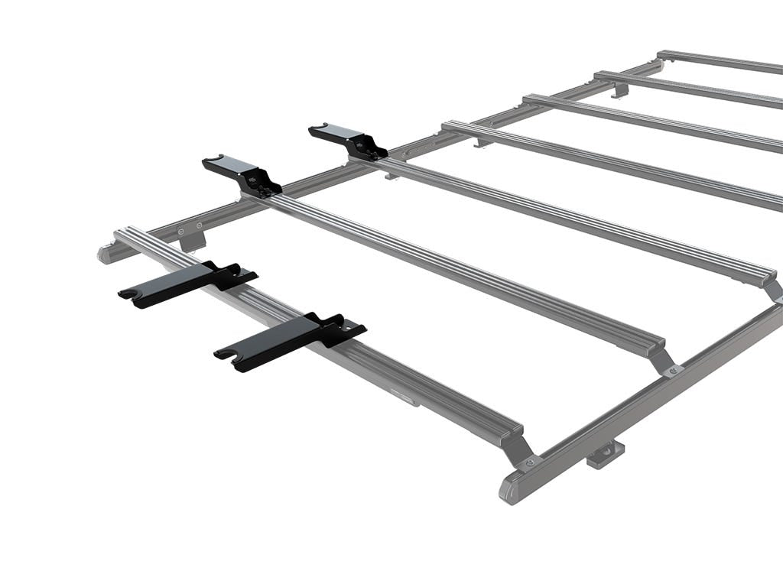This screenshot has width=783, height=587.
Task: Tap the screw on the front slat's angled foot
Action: (x=528, y=462)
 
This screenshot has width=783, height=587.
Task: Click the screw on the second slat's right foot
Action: (x=673, y=371)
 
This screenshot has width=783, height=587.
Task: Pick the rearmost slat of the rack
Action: (x=719, y=61)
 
